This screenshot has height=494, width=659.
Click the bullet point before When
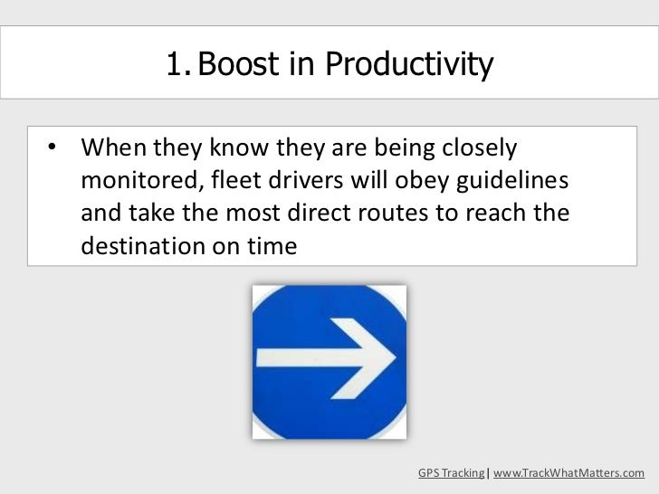tap(53, 147)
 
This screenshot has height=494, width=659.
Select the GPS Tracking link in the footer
tap(451, 473)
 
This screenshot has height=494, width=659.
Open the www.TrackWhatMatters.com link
tap(568, 473)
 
